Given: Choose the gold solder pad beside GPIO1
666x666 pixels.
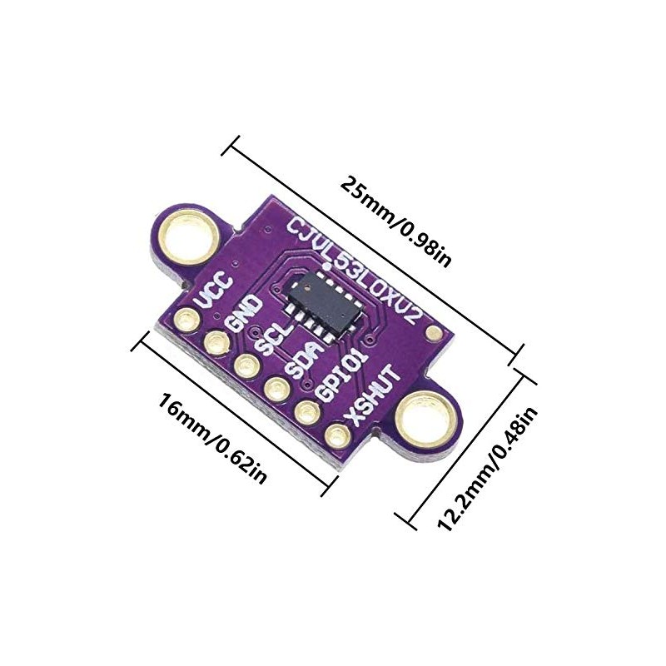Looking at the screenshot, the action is point(306,410).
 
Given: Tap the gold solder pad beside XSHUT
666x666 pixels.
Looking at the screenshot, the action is point(336,434).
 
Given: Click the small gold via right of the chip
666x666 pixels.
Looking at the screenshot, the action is point(432,335).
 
